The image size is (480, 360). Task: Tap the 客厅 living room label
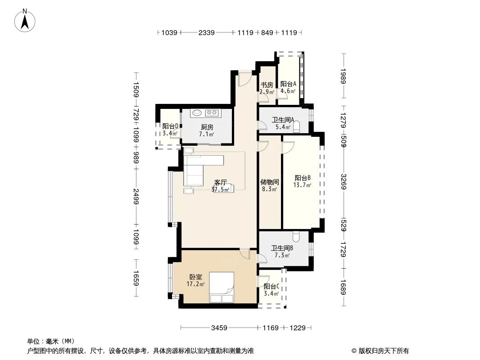(220, 183)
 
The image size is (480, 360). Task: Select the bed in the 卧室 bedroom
(222, 288)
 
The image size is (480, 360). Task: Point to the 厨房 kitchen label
(207, 127)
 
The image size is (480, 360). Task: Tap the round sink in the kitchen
(196, 113)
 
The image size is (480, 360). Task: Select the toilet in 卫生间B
(296, 235)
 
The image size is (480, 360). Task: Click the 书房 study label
(267, 85)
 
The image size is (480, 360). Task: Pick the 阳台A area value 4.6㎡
(288, 91)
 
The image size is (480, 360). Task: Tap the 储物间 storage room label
(269, 182)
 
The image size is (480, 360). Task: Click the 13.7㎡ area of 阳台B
(302, 185)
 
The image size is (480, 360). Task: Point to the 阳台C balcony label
(272, 287)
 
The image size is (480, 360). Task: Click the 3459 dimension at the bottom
(219, 328)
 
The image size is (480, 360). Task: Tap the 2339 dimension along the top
(206, 32)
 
